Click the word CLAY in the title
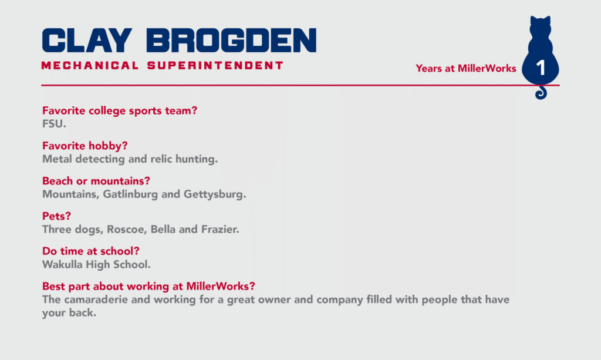87,40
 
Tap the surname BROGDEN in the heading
231,40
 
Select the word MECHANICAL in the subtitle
90,66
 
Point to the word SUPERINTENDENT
215,66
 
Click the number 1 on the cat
541,68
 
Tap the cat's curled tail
541,93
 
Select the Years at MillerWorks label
465,68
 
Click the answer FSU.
54,124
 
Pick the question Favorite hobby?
85,146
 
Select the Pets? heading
56,216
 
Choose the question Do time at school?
91,251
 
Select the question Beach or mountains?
96,180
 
